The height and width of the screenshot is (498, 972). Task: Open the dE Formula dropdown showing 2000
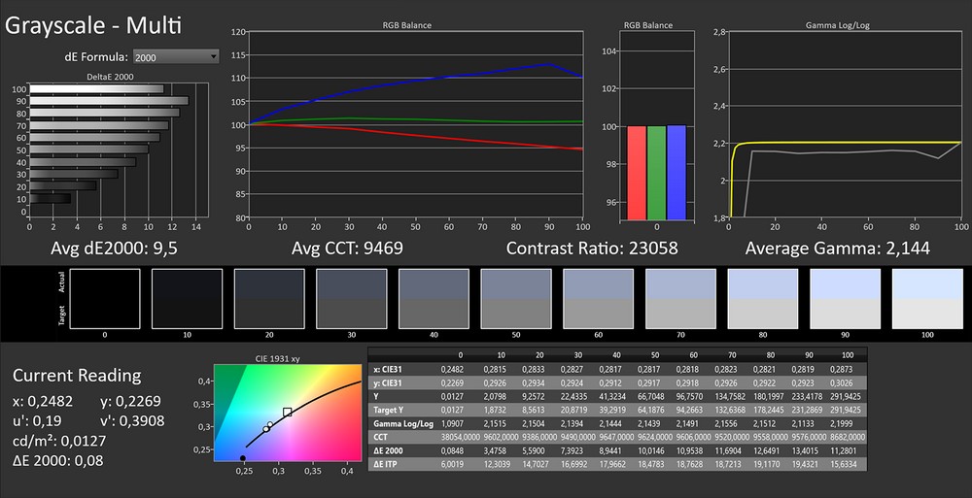click(x=175, y=57)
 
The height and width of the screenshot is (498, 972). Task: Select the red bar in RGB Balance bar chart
click(x=637, y=172)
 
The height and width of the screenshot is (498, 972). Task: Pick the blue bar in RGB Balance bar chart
click(x=677, y=172)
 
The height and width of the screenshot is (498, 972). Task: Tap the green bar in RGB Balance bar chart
click(x=656, y=172)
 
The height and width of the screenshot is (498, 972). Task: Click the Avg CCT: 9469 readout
click(x=347, y=249)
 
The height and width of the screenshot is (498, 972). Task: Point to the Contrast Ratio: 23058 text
click(x=592, y=249)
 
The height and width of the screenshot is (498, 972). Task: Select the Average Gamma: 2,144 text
click(x=837, y=249)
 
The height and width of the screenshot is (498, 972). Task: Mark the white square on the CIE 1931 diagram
click(x=287, y=413)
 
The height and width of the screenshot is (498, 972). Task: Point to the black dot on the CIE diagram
click(x=243, y=457)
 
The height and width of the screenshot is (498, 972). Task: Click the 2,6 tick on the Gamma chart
click(x=720, y=69)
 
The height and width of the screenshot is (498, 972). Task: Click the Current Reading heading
click(x=77, y=376)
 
